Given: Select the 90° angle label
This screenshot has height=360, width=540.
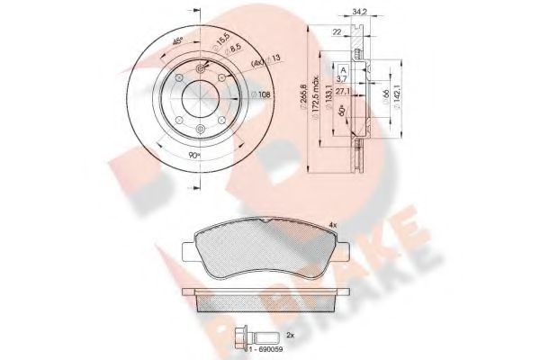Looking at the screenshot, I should tap(196, 155).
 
